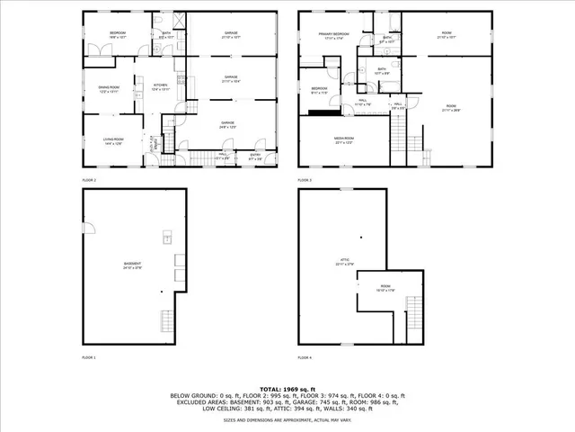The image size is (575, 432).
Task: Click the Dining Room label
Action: (107, 89)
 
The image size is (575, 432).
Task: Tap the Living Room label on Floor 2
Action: (112, 139)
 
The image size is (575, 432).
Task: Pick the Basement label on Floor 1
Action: (133, 265)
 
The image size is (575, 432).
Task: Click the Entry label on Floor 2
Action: (255, 156)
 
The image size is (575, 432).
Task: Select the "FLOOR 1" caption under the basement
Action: (89, 357)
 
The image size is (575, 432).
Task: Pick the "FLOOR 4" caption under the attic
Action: (305, 357)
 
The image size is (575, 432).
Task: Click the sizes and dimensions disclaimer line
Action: (287, 419)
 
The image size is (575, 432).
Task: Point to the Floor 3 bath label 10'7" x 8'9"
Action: (382, 71)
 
